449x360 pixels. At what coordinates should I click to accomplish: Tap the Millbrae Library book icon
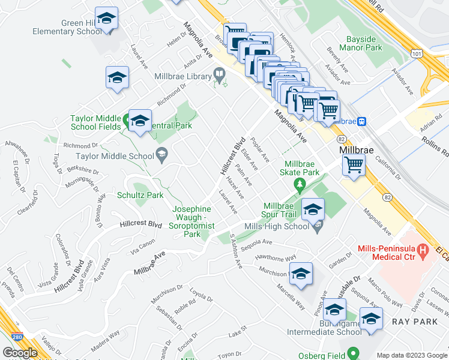pyautogui.click(x=220, y=76)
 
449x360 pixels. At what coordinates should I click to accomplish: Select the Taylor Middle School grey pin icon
pyautogui.click(x=161, y=155)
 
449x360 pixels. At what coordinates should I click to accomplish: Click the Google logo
pyautogui.click(x=20, y=352)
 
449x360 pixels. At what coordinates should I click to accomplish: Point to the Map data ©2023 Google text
pyautogui.click(x=412, y=355)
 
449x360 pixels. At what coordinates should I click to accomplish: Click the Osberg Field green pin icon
pyautogui.click(x=354, y=353)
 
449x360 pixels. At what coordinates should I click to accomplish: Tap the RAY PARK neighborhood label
pyautogui.click(x=409, y=322)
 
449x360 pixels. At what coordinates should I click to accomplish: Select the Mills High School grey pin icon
pyautogui.click(x=318, y=226)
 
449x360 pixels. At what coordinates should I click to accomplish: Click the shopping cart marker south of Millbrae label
pyautogui.click(x=354, y=164)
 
